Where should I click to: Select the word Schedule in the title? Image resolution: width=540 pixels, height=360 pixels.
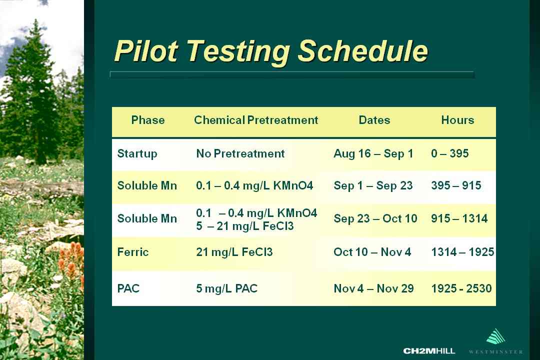point(362,51)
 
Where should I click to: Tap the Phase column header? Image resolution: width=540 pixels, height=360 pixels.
point(147,120)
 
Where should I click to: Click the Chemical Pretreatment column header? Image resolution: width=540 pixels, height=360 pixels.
point(256,120)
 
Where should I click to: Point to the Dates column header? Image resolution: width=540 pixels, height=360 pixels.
point(374,120)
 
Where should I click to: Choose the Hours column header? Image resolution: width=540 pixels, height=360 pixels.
point(457,120)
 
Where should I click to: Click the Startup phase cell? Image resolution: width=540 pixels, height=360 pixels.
point(137,153)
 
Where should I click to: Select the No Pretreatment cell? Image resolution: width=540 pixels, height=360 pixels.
point(240,153)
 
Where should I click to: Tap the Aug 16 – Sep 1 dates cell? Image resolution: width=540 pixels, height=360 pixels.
point(373,153)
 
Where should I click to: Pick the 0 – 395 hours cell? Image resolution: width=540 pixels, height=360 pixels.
point(450,153)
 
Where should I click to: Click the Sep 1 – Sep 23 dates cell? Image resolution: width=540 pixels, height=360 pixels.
point(373,185)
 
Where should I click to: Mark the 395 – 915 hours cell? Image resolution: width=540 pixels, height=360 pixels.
point(456,185)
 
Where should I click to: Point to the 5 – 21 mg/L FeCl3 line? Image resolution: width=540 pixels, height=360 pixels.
point(245,226)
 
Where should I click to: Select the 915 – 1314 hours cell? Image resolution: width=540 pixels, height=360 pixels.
point(459,218)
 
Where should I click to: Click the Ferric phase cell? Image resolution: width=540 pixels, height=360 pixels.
point(133,252)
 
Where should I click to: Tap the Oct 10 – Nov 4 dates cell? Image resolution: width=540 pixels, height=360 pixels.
point(372,252)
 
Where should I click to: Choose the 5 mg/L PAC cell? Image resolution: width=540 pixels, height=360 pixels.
point(227,288)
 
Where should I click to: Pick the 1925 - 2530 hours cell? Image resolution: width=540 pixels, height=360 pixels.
point(461,288)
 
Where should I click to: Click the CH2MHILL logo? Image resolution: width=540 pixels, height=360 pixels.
point(429,351)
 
